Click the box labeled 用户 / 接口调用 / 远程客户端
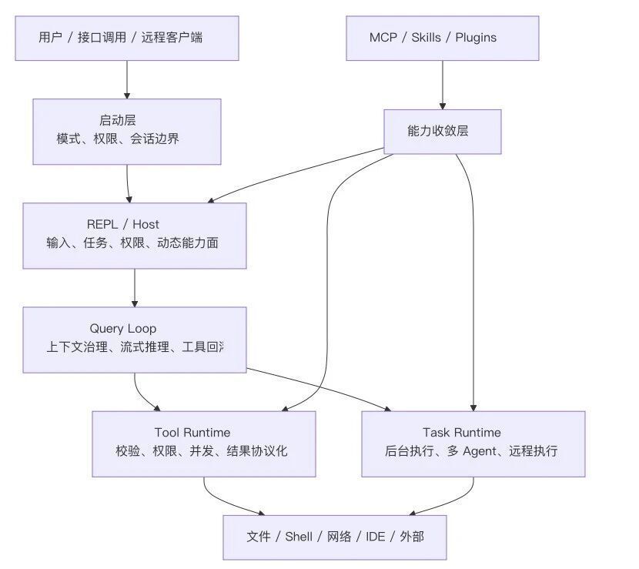[127, 38]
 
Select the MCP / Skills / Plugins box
[442, 38]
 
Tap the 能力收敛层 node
[442, 131]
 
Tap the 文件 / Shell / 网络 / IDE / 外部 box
[335, 537]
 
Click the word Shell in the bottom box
[299, 537]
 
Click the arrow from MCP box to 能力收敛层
[442, 85]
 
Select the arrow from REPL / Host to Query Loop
[135, 288]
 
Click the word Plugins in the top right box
[476, 38]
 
